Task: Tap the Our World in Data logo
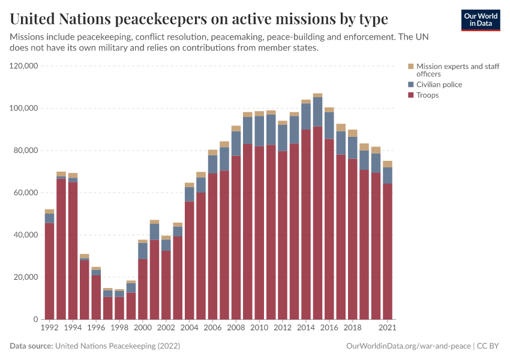pos(481,20)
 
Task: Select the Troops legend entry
pos(428,95)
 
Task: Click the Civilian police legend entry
pos(439,85)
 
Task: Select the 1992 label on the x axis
pos(49,328)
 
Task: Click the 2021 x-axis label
pos(388,328)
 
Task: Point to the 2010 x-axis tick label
pos(259,328)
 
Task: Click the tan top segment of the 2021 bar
pos(388,164)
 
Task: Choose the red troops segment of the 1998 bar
pos(119,308)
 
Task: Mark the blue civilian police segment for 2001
pos(154,232)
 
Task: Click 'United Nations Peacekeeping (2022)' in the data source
pos(117,346)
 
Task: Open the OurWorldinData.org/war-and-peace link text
pos(408,346)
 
